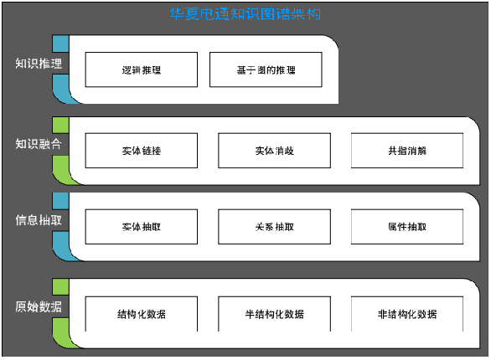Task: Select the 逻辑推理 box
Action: click(x=142, y=69)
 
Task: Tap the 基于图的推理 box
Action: click(x=266, y=69)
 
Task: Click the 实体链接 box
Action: click(x=142, y=151)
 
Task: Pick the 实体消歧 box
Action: click(x=274, y=151)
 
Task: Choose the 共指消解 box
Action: click(x=406, y=151)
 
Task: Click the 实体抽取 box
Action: click(x=142, y=227)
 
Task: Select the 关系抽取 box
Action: click(x=274, y=227)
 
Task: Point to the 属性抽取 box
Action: click(x=406, y=227)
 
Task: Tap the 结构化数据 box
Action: click(x=142, y=314)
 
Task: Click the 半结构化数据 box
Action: click(x=274, y=314)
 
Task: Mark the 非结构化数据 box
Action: click(x=406, y=314)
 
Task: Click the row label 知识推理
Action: click(x=38, y=64)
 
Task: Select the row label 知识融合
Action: click(x=38, y=144)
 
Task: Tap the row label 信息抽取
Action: click(x=38, y=221)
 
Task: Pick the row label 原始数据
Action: click(x=38, y=307)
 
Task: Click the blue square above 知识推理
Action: click(x=60, y=43)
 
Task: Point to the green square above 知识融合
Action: click(x=60, y=123)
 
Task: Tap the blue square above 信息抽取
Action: click(x=60, y=200)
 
